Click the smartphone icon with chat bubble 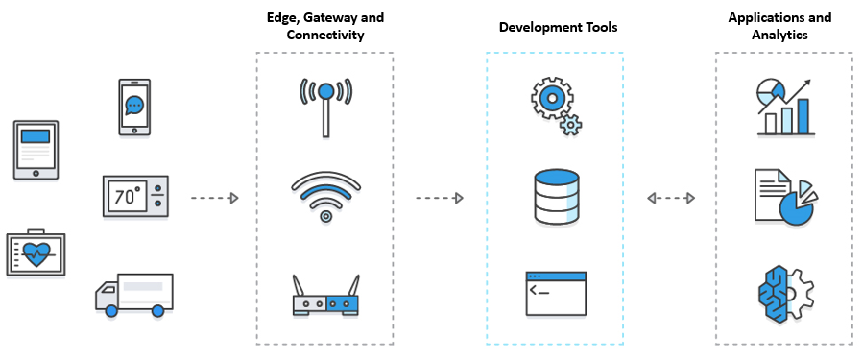(134, 108)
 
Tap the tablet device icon (36, 150)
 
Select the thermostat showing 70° (134, 199)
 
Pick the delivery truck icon (134, 294)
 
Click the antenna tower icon (325, 104)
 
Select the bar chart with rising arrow (783, 107)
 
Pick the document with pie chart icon (783, 197)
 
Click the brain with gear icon (783, 294)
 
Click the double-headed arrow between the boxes (671, 199)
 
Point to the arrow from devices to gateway (213, 199)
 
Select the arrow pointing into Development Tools (440, 199)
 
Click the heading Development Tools (558, 28)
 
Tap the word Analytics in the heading (779, 35)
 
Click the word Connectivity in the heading (325, 35)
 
